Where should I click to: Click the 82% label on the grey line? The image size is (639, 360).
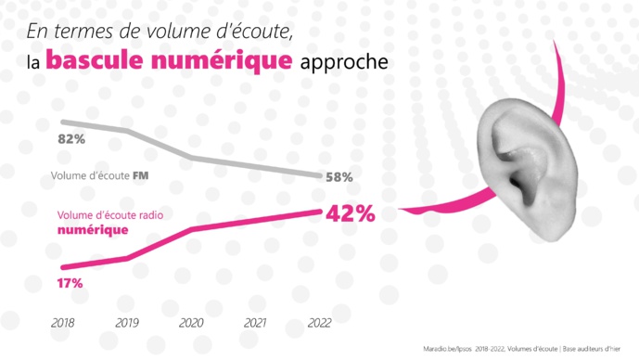click(71, 139)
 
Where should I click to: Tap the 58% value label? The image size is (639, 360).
click(338, 177)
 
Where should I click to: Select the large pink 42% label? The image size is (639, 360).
click(350, 213)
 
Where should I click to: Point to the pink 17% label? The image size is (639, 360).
click(70, 282)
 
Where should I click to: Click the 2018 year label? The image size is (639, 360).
click(63, 323)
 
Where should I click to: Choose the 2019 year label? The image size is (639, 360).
click(127, 323)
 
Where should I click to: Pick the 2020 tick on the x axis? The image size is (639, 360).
click(190, 323)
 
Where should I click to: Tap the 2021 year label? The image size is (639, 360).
click(255, 323)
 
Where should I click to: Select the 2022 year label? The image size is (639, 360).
click(318, 323)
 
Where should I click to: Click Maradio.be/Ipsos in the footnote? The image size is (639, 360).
click(446, 348)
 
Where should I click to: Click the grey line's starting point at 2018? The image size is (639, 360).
click(63, 122)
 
